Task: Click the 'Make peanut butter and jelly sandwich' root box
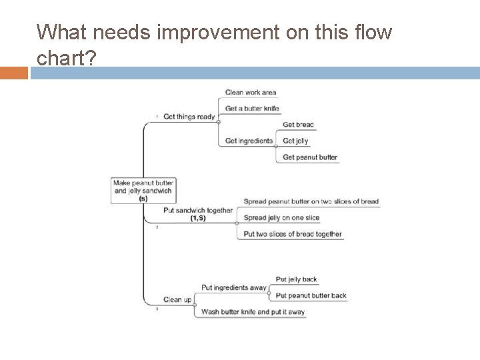[143, 190]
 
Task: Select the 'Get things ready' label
[189, 117]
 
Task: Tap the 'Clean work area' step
[251, 92]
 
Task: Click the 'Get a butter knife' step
[252, 108]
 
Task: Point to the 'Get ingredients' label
[249, 141]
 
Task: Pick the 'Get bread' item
[298, 125]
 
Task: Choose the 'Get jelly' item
[296, 141]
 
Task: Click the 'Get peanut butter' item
[310, 157]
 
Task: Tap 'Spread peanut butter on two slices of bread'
[311, 201]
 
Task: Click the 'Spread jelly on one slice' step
[281, 218]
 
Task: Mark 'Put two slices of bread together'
[293, 234]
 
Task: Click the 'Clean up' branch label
[177, 299]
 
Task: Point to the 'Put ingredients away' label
[233, 287]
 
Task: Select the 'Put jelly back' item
[296, 279]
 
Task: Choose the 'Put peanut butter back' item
[311, 295]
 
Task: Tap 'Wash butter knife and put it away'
[253, 311]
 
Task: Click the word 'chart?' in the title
[67, 59]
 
